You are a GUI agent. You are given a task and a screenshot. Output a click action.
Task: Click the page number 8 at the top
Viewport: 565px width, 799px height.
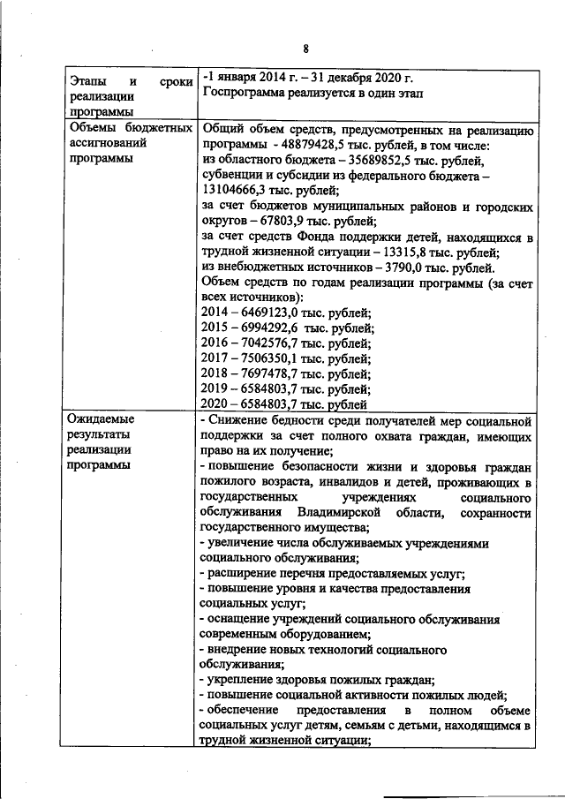tap(305, 49)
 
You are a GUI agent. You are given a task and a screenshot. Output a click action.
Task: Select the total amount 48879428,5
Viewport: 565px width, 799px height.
tap(317, 145)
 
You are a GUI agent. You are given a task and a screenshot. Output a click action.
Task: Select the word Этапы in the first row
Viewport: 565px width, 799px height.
tap(88, 80)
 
